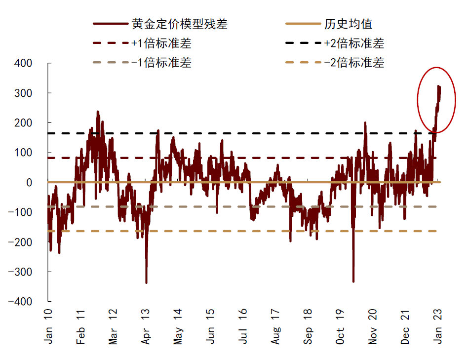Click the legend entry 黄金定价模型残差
coord(179,24)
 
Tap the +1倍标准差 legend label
coord(162,43)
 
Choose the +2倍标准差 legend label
coord(354,43)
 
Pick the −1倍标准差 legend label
coord(162,63)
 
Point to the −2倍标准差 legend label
coord(354,63)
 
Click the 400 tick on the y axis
coord(24,63)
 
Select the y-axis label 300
coord(24,93)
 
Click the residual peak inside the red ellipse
coord(438,86)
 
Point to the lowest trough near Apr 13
coord(146,282)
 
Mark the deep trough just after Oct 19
coord(353,281)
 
